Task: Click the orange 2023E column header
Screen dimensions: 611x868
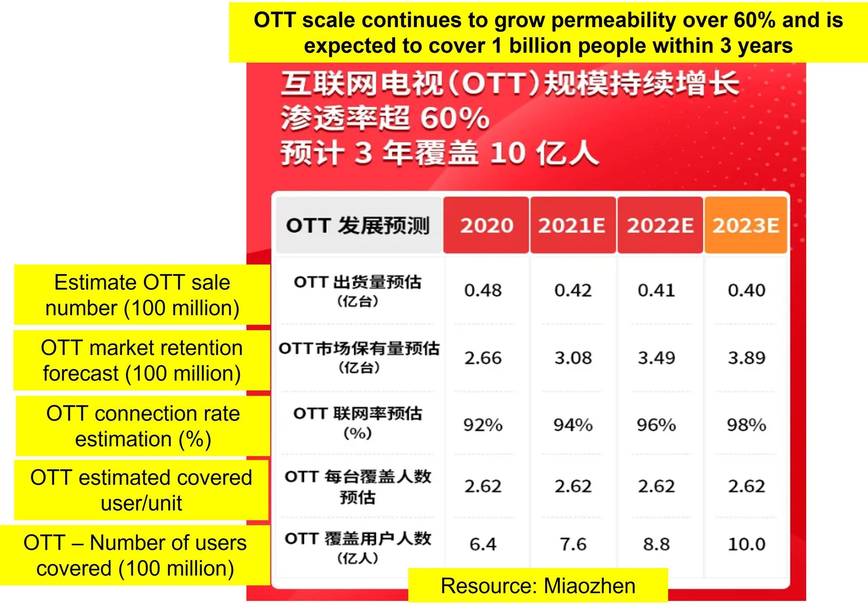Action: (746, 225)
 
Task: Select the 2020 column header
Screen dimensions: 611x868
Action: (487, 225)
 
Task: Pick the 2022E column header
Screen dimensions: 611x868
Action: (660, 225)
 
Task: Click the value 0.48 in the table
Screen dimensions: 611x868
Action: (483, 290)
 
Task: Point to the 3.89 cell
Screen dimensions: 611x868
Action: (747, 358)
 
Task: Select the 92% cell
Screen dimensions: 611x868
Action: (483, 425)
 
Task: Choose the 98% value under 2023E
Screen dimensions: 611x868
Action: (747, 425)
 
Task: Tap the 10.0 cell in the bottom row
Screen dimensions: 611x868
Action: (747, 544)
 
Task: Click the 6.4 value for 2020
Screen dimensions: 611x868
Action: (483, 544)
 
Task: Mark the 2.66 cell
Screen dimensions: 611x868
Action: (483, 358)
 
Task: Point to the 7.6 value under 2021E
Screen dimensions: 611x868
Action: (573, 544)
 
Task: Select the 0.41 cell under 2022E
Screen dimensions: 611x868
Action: (656, 290)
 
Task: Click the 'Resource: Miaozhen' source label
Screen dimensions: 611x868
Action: (538, 586)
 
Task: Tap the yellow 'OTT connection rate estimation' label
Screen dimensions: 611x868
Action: (143, 426)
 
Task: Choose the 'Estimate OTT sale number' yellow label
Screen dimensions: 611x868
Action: (142, 295)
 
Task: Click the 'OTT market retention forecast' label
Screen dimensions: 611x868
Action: (142, 360)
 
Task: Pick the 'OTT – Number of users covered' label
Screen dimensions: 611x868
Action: (135, 555)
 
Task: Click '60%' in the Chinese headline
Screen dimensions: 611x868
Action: (455, 118)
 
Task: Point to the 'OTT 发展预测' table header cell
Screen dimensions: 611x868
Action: (358, 225)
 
